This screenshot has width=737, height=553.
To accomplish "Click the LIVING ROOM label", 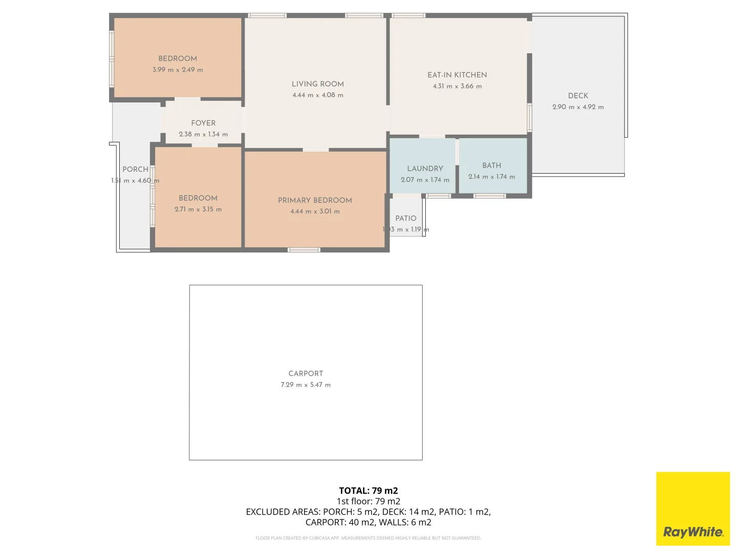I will (x=317, y=84).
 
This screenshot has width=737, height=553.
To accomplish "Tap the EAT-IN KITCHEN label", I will (x=457, y=75).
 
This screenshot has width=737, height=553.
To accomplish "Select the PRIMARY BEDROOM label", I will (x=315, y=200).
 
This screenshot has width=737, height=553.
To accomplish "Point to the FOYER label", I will (x=203, y=123).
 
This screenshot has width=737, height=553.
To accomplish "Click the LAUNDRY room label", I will (x=425, y=168).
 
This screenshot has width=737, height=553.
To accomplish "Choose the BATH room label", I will (x=491, y=165).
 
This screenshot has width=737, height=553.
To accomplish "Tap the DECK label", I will (x=578, y=96).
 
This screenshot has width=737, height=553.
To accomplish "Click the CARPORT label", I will (x=306, y=374).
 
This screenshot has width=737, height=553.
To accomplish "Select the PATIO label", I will (x=406, y=218).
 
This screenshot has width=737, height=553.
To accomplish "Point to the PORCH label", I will (x=135, y=169).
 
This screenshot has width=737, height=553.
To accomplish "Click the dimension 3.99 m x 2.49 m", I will (x=178, y=70).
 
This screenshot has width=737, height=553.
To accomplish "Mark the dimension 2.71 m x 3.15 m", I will (x=198, y=209).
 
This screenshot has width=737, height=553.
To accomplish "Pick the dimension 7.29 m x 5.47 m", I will (x=306, y=385).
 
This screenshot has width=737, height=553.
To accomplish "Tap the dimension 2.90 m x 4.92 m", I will (x=578, y=107).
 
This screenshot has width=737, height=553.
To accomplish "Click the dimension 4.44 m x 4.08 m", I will (x=317, y=95).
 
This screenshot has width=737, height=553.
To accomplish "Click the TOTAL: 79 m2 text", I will (x=368, y=491).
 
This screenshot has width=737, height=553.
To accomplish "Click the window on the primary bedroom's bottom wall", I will (x=304, y=250).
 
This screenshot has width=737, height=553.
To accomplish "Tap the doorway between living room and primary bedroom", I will (x=316, y=150).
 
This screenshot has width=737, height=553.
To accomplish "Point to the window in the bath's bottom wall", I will (x=490, y=196).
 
